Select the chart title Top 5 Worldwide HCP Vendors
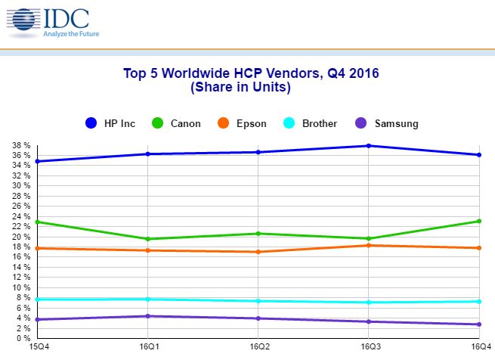pyautogui.click(x=250, y=74)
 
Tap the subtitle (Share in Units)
pyautogui.click(x=250, y=87)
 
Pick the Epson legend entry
pyautogui.click(x=241, y=123)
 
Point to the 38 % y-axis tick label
pyautogui.click(x=21, y=145)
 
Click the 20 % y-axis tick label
pyautogui.click(x=21, y=237)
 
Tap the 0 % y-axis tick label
pyautogui.click(x=23, y=339)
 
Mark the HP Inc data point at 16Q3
pyautogui.click(x=369, y=145)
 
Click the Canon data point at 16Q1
pyautogui.click(x=147, y=239)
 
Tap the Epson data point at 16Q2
pyautogui.click(x=258, y=252)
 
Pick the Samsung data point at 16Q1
pyautogui.click(x=147, y=316)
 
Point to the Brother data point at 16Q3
pyautogui.click(x=369, y=303)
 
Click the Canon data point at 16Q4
pyautogui.click(x=480, y=221)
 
